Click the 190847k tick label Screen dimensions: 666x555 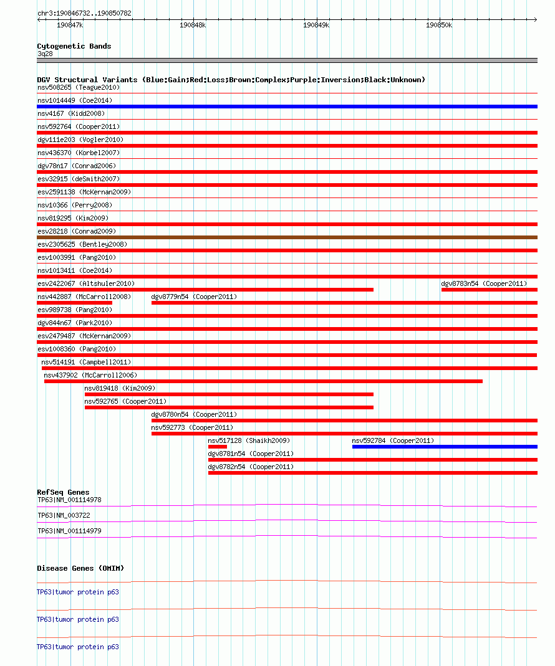pos(69,25)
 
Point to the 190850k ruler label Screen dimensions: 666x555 pos(438,25)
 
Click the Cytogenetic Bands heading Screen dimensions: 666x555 pos(74,46)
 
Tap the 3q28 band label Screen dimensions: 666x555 pos(45,54)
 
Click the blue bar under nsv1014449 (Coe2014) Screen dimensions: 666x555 pos(287,107)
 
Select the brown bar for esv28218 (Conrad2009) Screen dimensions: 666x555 pos(287,237)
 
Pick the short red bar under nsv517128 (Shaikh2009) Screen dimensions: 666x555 pos(217,447)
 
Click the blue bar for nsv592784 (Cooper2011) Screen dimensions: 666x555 pos(444,447)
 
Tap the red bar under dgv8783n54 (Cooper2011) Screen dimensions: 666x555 pos(489,290)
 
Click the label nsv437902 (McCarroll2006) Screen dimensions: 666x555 pos(90,375)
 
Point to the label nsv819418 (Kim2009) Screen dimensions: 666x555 pos(120,388)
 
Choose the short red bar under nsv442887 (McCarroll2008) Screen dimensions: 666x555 pos(74,303)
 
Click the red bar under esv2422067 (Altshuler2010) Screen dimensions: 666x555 pos(205,290)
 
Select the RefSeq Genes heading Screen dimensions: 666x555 pos(63,492)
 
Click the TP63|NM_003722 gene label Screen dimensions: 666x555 pos(64,515)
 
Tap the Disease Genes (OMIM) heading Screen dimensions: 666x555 pos(80,568)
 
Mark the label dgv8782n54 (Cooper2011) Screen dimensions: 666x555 pos(251,467)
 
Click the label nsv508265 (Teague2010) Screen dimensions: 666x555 pos(78,87)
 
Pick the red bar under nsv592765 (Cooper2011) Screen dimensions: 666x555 pos(229,407)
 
